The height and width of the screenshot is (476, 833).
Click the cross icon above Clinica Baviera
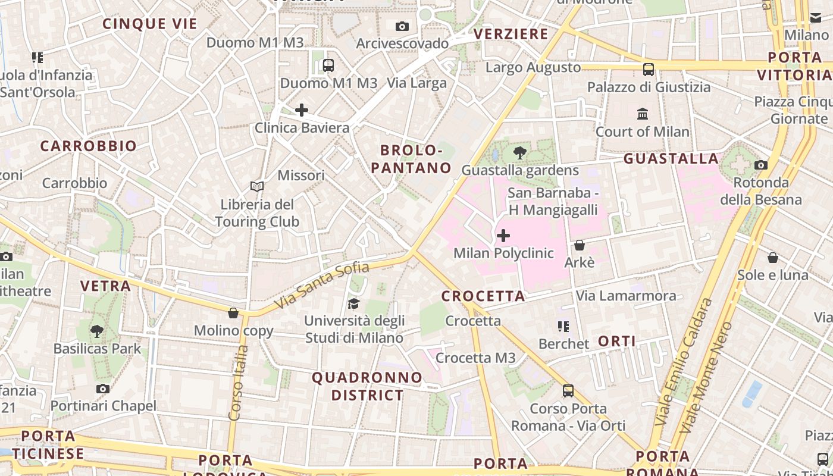[x=302, y=110]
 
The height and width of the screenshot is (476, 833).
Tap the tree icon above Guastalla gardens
[x=519, y=153]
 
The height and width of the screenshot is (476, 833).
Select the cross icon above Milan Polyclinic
[x=503, y=236]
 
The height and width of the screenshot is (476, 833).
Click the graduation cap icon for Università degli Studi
[x=354, y=304]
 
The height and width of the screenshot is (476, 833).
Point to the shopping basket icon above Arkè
[x=580, y=245]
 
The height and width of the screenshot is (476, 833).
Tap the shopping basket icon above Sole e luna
[x=772, y=258]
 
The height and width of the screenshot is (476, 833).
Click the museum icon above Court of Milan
[x=643, y=114]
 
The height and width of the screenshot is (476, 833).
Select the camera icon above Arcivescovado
[x=402, y=26]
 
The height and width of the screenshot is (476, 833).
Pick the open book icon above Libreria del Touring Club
[x=257, y=187]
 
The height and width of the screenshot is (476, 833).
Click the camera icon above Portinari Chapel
[x=103, y=389]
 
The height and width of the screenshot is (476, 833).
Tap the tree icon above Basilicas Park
[x=96, y=331]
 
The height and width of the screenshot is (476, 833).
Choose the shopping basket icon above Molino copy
[x=233, y=313]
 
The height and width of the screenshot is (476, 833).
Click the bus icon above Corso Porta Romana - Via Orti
[x=568, y=391]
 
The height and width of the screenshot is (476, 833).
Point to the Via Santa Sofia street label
[x=322, y=286]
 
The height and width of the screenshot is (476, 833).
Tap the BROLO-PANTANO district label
[x=412, y=158]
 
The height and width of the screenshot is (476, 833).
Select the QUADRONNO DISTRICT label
[x=367, y=386]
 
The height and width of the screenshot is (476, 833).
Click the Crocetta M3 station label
[x=475, y=358]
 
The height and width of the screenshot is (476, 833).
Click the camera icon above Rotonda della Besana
[x=760, y=165]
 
